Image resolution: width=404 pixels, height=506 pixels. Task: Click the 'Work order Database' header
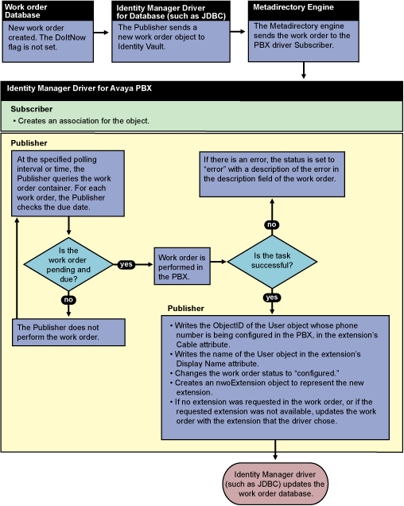[26, 11]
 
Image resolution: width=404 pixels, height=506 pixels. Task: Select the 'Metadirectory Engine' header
[293, 7]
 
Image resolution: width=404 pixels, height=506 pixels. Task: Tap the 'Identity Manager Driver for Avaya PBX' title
[80, 88]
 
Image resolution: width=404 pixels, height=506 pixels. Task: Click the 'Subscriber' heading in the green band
[32, 109]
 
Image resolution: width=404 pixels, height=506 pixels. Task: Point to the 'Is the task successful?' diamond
[272, 262]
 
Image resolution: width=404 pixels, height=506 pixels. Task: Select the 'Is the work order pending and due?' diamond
[68, 265]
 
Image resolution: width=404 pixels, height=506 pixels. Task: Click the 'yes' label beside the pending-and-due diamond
[126, 264]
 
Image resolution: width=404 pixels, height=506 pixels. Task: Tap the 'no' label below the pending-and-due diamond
[68, 300]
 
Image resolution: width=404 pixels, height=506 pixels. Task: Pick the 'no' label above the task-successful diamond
[272, 224]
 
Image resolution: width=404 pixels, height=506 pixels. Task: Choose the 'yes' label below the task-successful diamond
[272, 298]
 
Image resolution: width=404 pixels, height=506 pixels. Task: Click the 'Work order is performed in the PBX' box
[182, 267]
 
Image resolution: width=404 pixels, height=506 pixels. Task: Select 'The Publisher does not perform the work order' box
[68, 333]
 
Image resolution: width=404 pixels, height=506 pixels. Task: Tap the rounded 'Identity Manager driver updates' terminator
[275, 484]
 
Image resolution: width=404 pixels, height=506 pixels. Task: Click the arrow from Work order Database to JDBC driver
[101, 33]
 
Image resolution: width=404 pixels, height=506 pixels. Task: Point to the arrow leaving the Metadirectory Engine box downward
[303, 70]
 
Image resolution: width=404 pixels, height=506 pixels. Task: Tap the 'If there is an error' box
[272, 174]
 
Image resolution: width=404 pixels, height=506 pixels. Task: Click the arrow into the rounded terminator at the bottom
[275, 450]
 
